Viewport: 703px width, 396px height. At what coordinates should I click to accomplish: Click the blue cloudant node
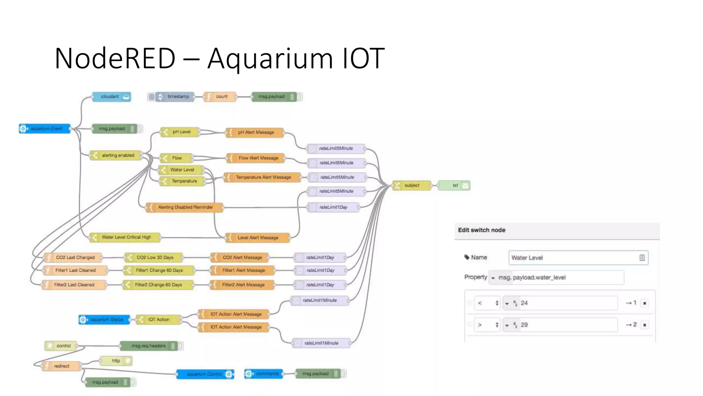(111, 97)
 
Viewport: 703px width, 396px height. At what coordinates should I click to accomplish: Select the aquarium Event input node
(45, 129)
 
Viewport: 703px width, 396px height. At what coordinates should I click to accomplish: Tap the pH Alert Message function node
(255, 132)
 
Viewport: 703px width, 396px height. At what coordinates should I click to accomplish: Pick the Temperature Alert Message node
(263, 177)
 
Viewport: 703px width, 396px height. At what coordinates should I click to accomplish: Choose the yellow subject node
(411, 185)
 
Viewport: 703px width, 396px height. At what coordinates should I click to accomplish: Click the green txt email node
(454, 185)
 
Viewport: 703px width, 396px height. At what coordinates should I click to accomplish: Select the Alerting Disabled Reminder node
(185, 207)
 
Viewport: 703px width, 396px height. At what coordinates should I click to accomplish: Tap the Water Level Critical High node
(125, 237)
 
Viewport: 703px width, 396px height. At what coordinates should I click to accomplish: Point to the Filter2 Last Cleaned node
(73, 285)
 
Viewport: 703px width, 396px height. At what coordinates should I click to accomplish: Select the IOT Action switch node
(158, 320)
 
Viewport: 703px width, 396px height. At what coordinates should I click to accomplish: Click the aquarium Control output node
(205, 374)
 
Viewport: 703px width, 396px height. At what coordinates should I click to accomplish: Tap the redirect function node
(61, 366)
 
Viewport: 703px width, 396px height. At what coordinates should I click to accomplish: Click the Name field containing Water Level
(573, 258)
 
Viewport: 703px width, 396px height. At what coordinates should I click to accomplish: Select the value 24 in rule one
(524, 303)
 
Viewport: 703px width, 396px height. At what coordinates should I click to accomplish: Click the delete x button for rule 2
(645, 325)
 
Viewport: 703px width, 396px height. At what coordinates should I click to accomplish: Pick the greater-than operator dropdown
(487, 325)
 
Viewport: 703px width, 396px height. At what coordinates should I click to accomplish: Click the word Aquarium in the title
(270, 58)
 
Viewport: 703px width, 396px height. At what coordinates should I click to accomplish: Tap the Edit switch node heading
(482, 230)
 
